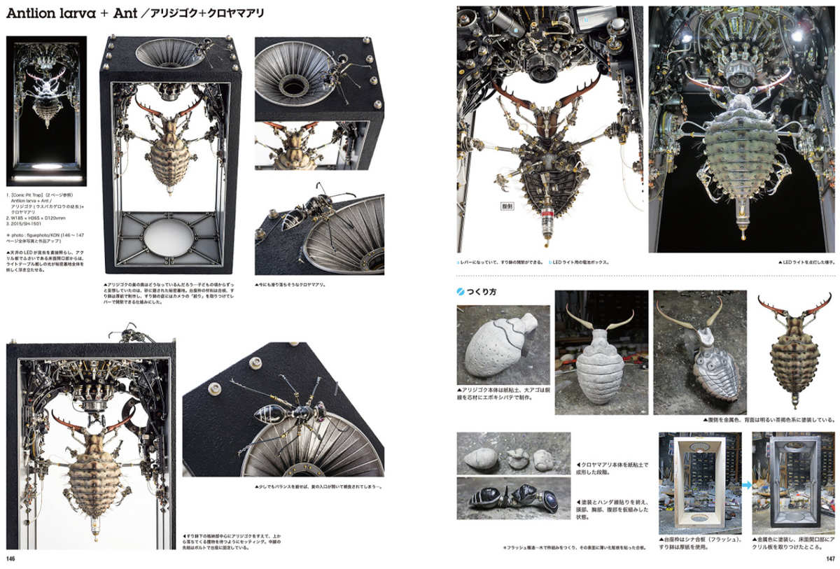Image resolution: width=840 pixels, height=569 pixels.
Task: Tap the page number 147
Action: [x=829, y=559]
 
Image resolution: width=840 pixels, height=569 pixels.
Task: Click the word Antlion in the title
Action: [x=35, y=15]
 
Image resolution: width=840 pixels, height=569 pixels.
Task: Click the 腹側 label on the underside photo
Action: [x=508, y=206]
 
